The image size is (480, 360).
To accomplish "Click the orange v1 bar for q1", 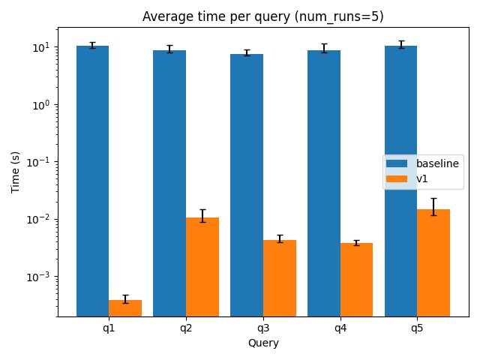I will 125,307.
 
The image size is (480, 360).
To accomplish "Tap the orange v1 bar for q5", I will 433,262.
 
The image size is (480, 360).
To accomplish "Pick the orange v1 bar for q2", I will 202,266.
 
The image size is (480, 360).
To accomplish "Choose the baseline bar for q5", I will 401,180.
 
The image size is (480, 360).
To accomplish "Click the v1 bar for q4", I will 356,279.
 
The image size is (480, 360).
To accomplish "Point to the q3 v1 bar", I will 280,277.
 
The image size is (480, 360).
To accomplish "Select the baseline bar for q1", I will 92,180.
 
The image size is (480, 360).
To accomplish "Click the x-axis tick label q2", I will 186,328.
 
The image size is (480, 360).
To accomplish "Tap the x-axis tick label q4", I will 340,328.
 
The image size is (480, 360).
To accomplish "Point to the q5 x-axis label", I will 418,328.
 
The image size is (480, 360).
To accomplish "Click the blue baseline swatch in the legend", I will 395,163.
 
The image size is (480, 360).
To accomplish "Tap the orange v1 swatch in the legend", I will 395,178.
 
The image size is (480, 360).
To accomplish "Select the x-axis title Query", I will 263,343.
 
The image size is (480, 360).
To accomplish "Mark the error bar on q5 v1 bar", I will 433,206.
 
